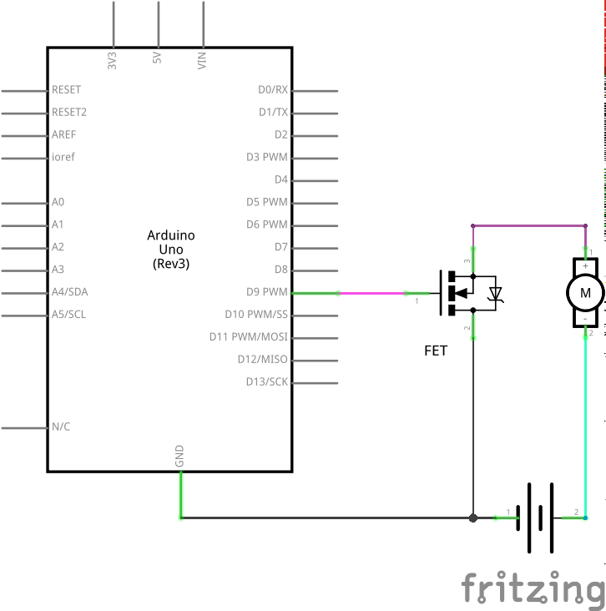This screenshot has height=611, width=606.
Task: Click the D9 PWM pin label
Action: pos(268,292)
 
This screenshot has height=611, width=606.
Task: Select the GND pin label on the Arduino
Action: pos(179,456)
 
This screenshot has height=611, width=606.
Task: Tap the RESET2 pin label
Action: pos(69,112)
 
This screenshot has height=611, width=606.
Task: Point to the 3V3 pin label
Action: pos(112,59)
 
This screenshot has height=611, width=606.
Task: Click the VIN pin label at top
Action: pos(201,59)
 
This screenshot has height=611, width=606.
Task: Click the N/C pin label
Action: pos(61,427)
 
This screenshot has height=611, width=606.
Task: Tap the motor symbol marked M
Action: pos(585,292)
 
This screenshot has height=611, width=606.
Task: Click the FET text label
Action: pos(436,351)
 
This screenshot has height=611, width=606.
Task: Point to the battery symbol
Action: pos(540,518)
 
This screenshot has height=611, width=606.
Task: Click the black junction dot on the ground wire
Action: pos(473,518)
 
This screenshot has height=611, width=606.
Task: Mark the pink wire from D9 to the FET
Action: pos(376,293)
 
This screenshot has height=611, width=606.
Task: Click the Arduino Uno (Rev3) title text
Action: pos(170,249)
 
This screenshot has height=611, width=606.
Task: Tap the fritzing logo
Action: pos(532,587)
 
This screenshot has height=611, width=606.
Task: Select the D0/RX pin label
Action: pos(273,89)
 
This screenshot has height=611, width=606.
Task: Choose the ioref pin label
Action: pos(63,157)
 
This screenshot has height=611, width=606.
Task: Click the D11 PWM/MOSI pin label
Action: pos(249,336)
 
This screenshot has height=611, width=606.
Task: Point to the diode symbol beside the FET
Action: pos(496,293)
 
